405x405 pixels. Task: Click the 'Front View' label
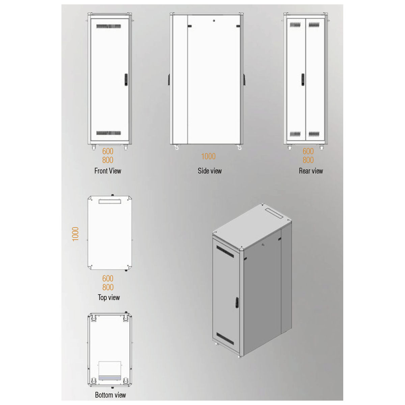coord(108,171)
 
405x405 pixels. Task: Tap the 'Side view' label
coord(210,171)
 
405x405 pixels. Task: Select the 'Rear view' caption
coord(311,171)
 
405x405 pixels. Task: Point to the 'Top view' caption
coord(109,297)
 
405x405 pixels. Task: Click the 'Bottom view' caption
coord(110,395)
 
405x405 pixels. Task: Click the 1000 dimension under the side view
coord(208,156)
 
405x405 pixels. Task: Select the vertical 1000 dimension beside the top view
coord(75,234)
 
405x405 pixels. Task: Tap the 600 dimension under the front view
coord(108,151)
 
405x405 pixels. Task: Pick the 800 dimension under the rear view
coord(308,160)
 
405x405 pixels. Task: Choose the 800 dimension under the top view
coord(108,287)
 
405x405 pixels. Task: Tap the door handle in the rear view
coord(303,79)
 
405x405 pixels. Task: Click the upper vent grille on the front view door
coord(109,26)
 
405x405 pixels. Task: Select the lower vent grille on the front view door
coord(109,133)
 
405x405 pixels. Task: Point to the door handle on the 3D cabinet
coord(237,302)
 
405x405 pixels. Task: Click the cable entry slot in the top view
coord(110,201)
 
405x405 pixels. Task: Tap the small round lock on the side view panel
coord(214,21)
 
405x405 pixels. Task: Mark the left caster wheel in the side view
coord(177,147)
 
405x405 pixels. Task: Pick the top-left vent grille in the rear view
coord(295,25)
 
